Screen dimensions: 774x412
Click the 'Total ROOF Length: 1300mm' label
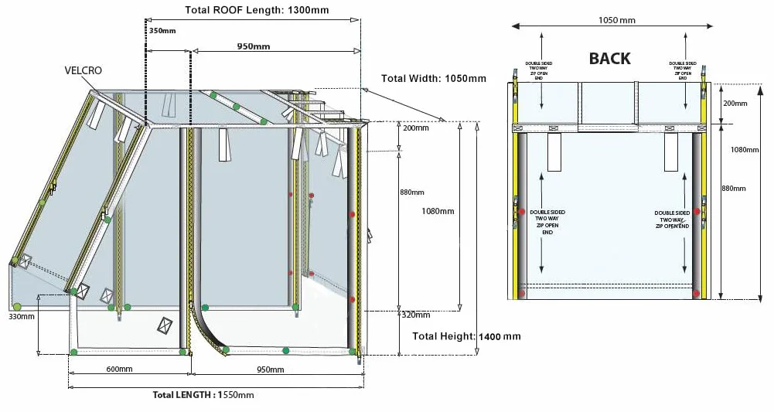257,10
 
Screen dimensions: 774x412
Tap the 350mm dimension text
162,31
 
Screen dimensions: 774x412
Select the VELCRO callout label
84,70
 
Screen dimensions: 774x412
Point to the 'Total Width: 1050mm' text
434,78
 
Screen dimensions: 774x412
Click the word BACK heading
609,58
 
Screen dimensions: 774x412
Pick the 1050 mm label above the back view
617,20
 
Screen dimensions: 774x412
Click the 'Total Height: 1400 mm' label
466,336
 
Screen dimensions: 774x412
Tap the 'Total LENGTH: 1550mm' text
203,394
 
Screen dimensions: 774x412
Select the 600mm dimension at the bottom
119,369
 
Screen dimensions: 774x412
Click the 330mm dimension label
22,316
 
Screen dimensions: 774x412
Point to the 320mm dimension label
416,315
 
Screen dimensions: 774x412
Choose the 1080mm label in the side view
438,211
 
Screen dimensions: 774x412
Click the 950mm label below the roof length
253,46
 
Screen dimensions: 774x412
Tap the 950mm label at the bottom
271,369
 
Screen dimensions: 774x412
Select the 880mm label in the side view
411,192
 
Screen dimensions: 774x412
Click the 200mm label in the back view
735,103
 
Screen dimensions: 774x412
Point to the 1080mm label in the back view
745,149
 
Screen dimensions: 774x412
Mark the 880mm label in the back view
734,188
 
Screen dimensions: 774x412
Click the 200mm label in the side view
416,128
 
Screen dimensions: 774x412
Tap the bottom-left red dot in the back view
523,294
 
